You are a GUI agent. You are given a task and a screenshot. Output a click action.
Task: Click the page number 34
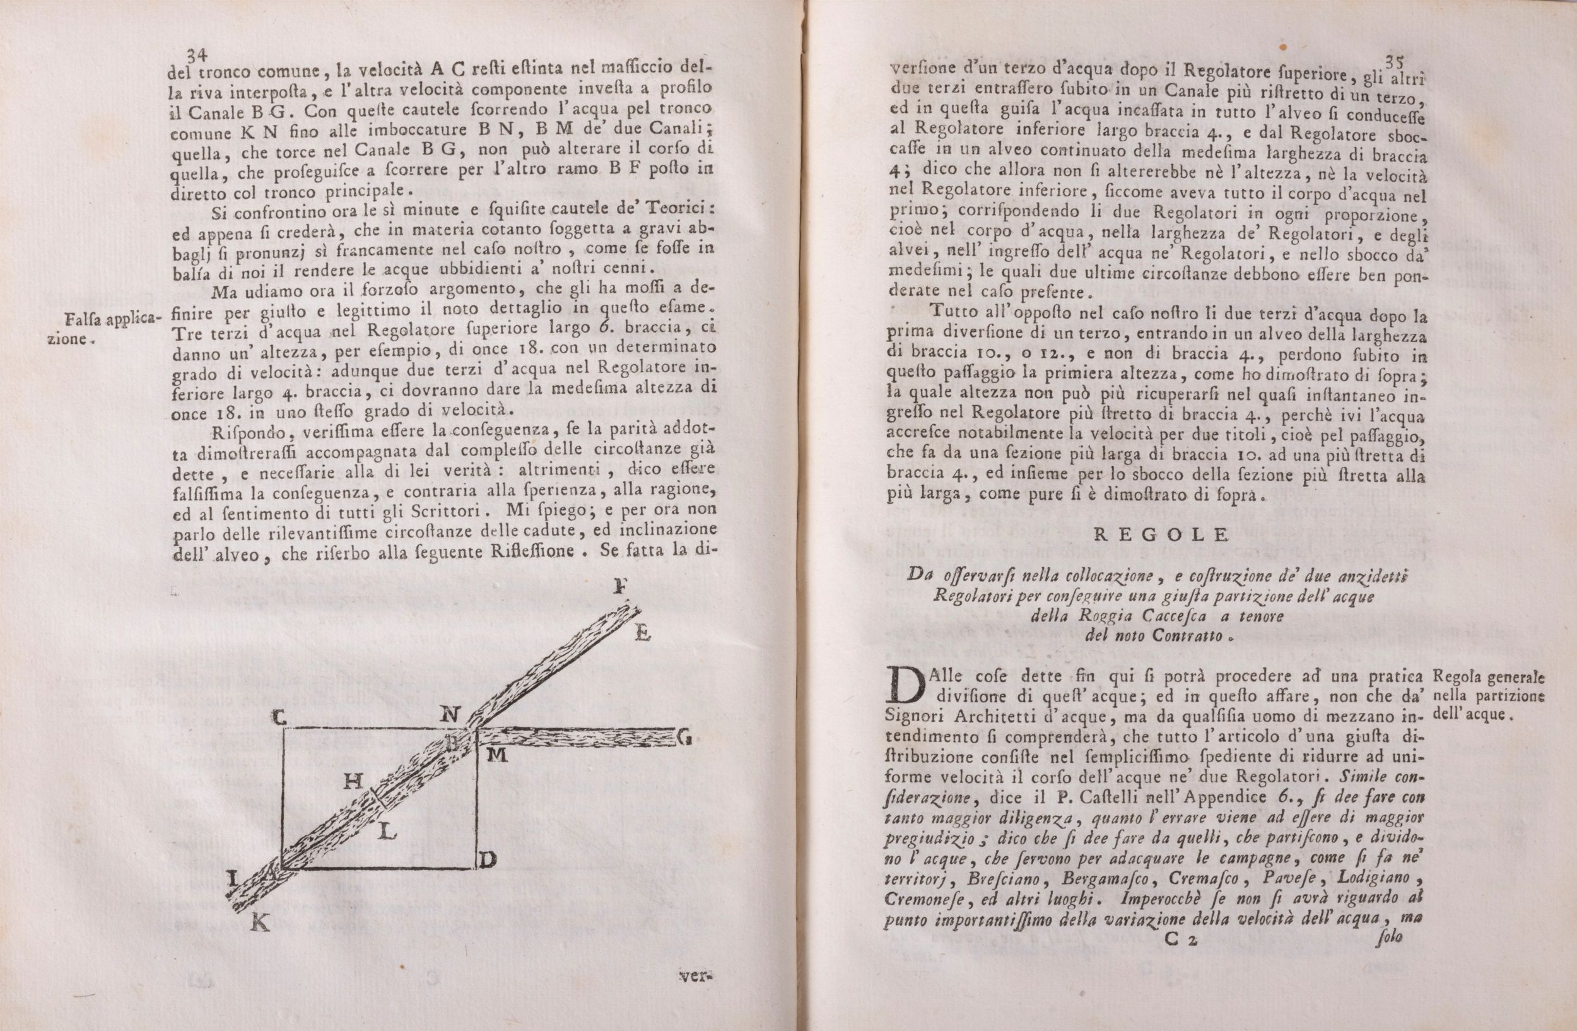[199, 55]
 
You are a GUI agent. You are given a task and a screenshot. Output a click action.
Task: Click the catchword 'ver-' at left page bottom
[695, 975]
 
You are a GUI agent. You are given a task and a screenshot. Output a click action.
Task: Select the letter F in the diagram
[621, 586]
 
